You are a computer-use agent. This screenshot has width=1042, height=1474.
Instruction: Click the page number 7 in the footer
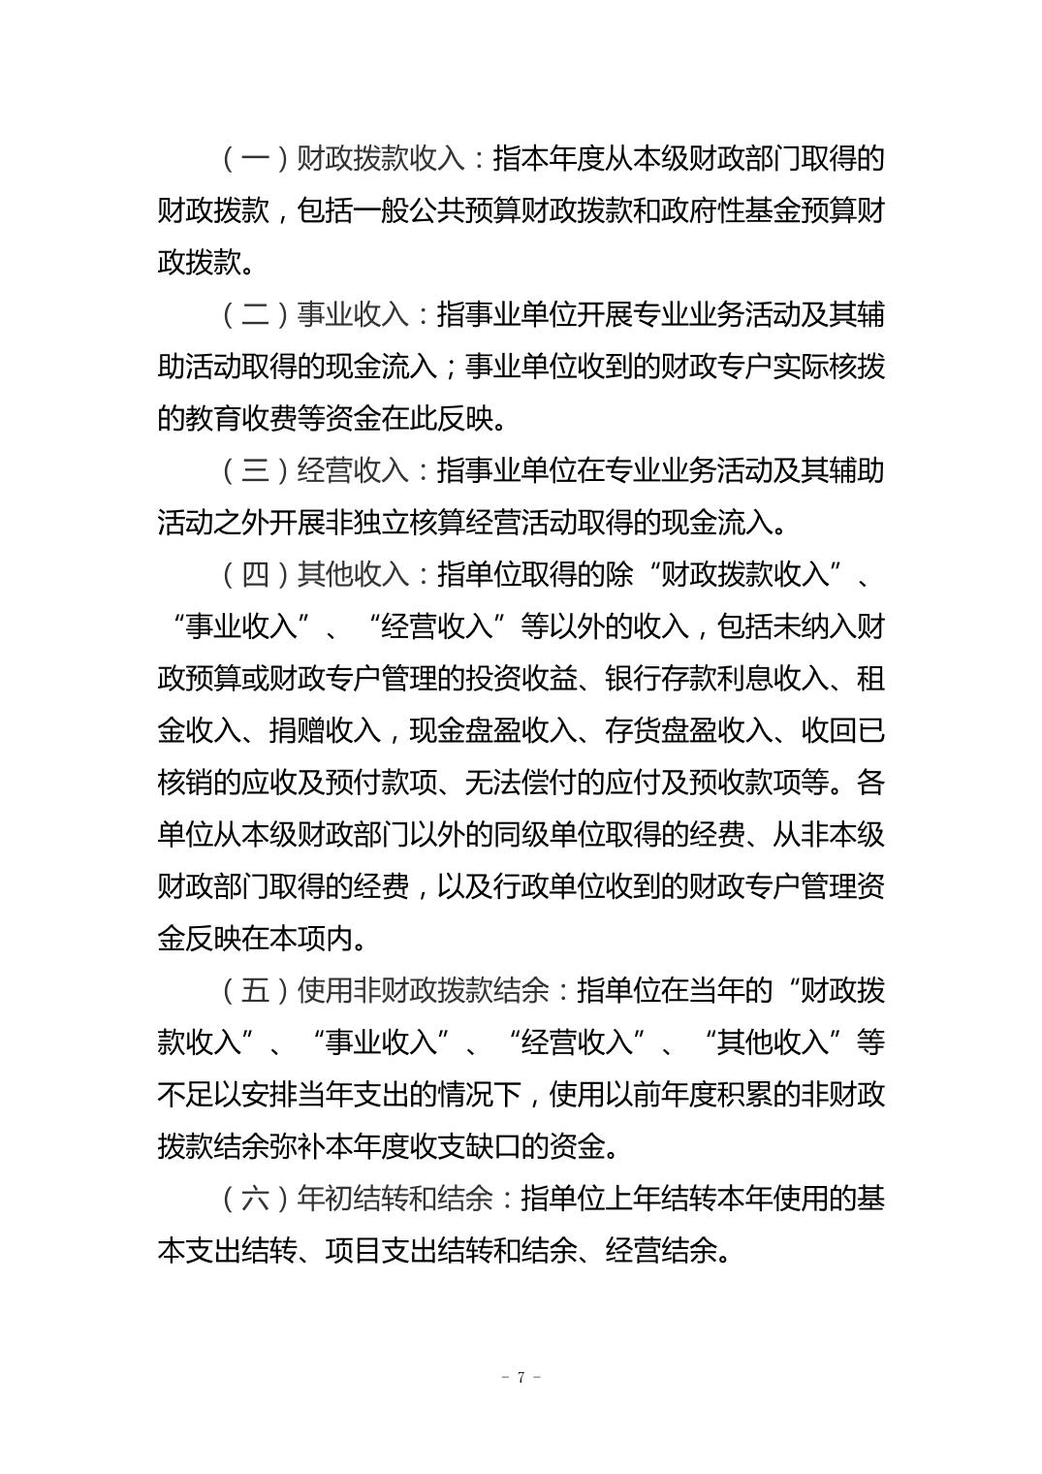click(521, 1377)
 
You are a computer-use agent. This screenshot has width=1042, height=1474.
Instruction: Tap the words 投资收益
click(521, 679)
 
